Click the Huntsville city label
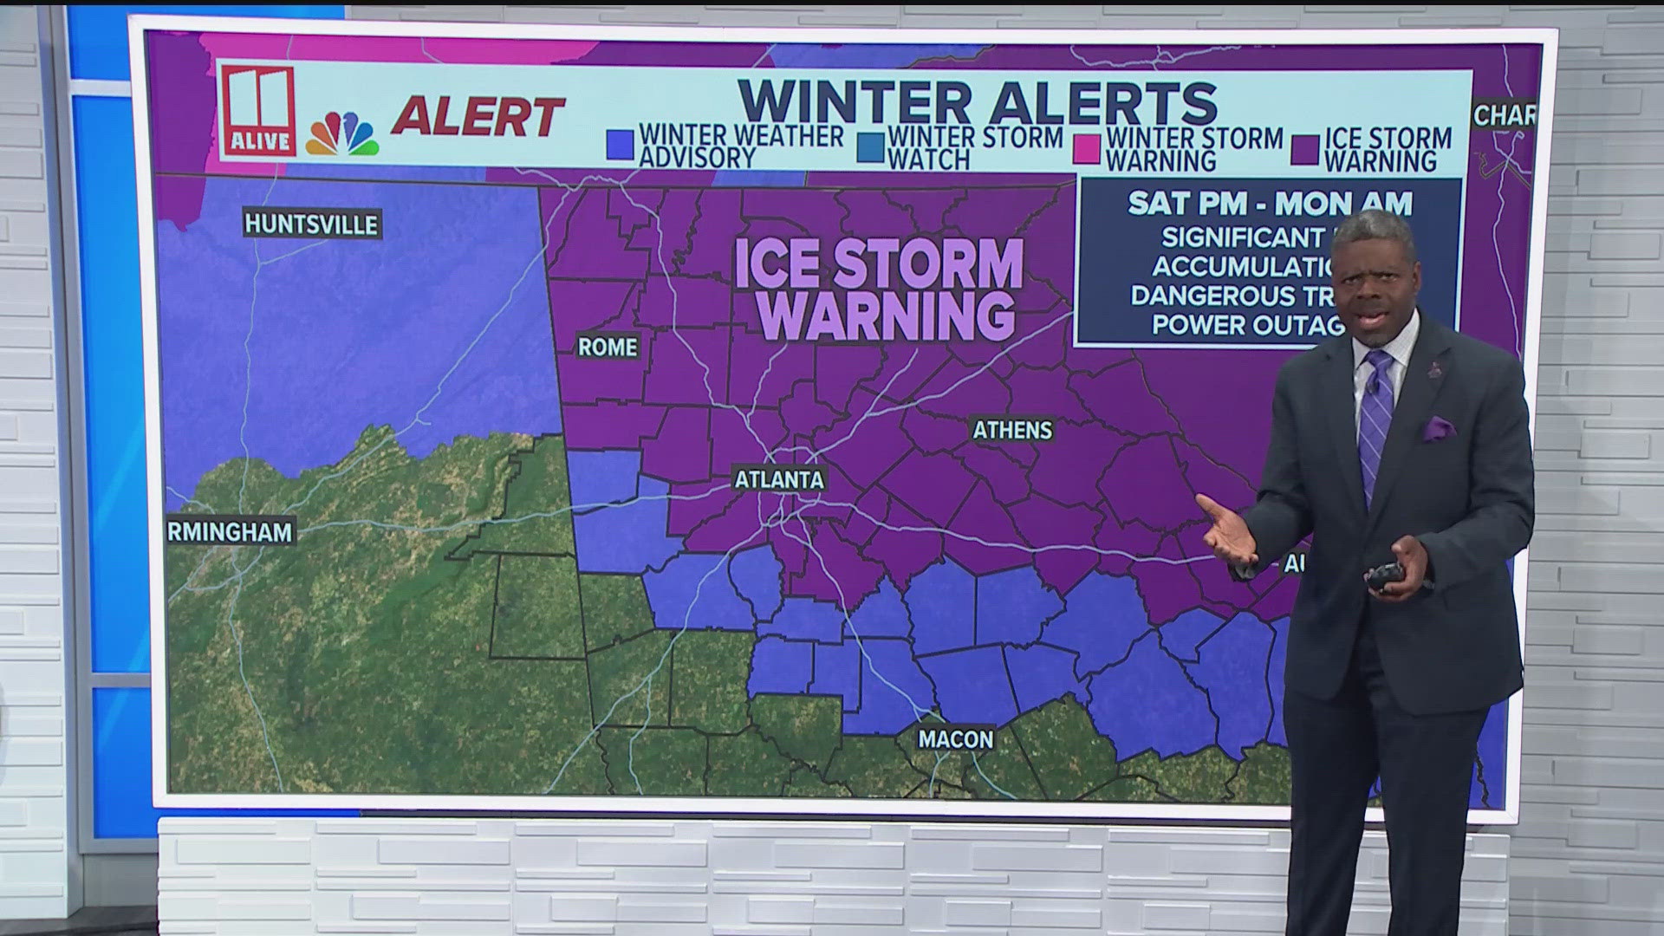point(311,224)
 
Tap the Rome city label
point(608,347)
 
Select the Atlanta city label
point(779,479)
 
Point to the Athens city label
point(1012,430)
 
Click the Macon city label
point(956,739)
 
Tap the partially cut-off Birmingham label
point(230,531)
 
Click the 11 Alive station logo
point(257,111)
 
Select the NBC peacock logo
point(342,134)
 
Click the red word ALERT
point(478,117)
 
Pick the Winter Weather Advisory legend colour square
point(621,146)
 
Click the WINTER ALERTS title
point(978,102)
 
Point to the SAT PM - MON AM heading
point(1270,204)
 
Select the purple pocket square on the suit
point(1438,427)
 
